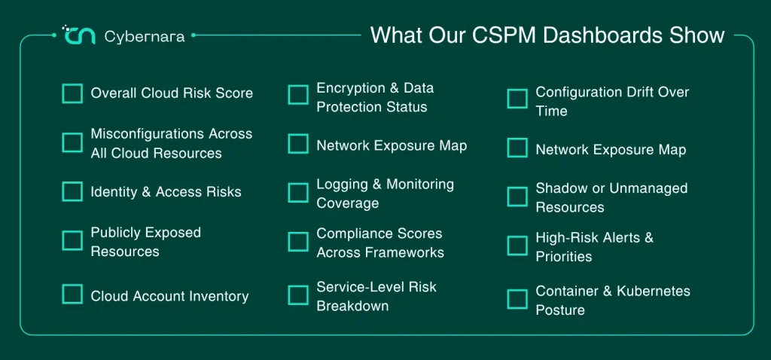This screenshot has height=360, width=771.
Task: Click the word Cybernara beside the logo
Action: tap(145, 36)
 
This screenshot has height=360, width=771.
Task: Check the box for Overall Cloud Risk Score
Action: tap(72, 93)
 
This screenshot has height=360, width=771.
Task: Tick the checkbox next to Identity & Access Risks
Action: tap(72, 192)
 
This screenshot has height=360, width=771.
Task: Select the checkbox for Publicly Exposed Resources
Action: tap(72, 241)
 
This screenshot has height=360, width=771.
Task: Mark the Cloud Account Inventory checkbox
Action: tap(72, 294)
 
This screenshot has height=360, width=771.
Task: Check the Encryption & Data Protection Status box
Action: tap(298, 95)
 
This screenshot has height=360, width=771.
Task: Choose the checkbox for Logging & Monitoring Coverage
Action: tap(298, 193)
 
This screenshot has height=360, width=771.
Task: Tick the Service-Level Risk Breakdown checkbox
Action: tap(298, 295)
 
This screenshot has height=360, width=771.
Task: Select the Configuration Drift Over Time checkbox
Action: tap(517, 99)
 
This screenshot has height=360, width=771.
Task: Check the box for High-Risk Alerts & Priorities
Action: tap(517, 246)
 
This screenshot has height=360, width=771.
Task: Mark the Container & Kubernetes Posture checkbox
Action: tap(517, 299)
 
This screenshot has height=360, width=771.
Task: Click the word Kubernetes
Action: tap(656, 291)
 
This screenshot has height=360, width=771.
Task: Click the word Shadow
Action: tap(560, 188)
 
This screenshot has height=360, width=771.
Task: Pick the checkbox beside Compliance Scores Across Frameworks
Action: tap(298, 242)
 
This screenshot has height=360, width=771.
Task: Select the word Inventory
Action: tap(218, 296)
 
